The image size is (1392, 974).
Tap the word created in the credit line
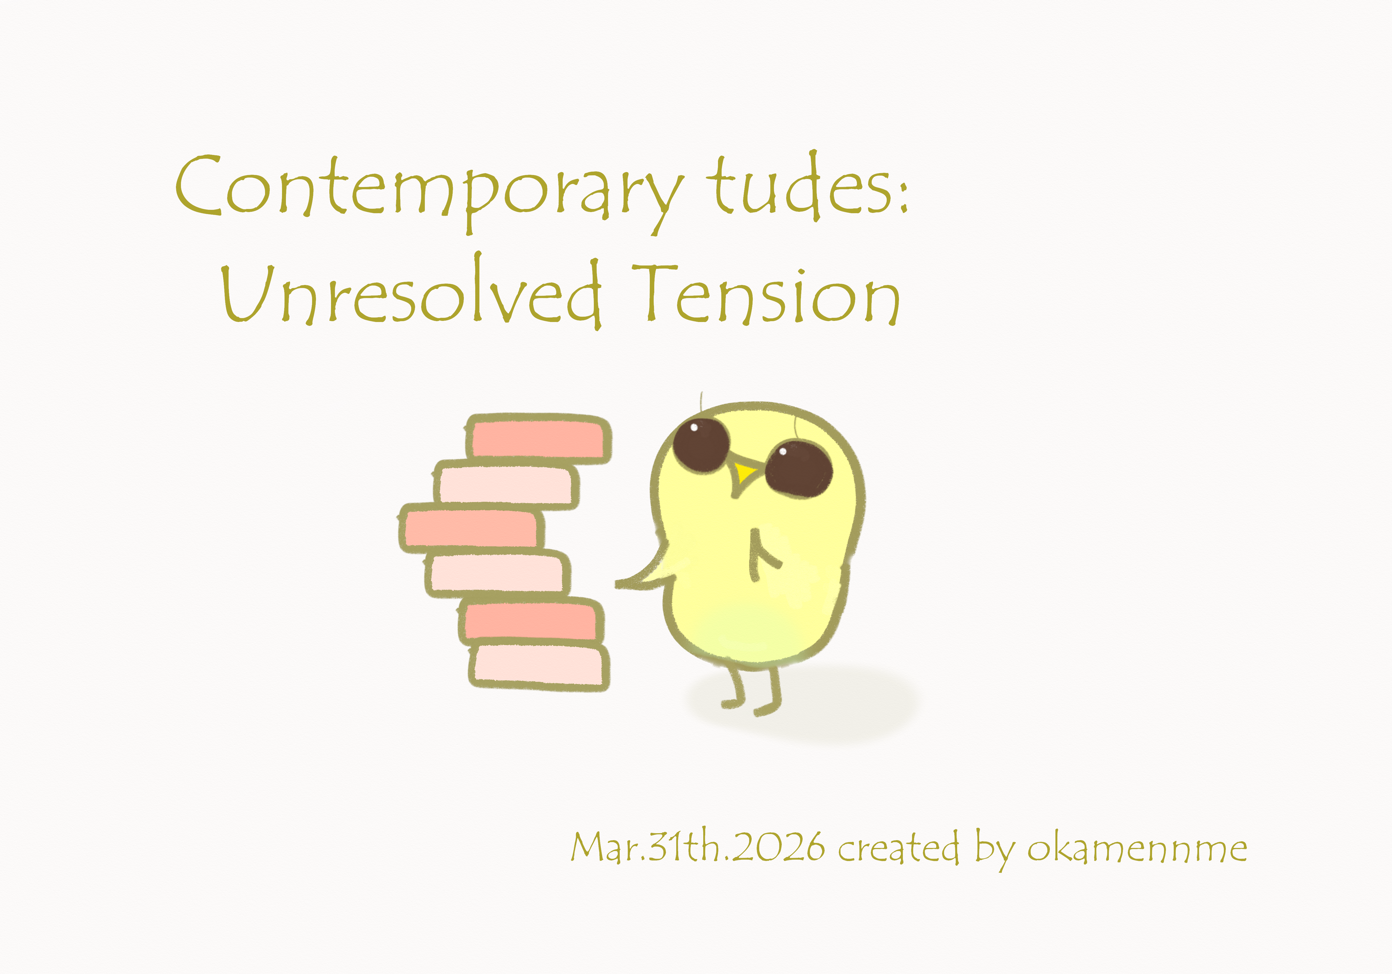[x=898, y=847]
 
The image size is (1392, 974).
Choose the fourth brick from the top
[x=497, y=573]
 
